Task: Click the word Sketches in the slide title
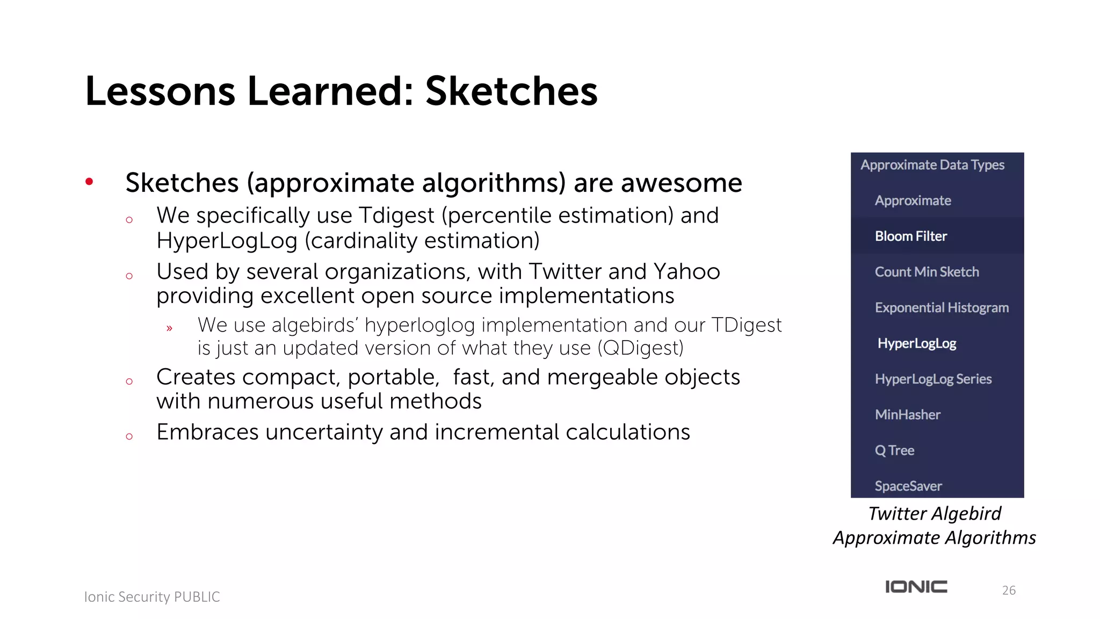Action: (x=511, y=91)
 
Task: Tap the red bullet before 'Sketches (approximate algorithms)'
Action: (x=89, y=182)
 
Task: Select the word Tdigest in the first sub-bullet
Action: (x=396, y=216)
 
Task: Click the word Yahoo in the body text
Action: (x=686, y=272)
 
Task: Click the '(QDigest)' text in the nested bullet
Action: (x=640, y=348)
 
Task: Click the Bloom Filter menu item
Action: (x=910, y=236)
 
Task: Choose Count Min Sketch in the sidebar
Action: (x=927, y=272)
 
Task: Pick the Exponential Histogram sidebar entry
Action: (x=941, y=307)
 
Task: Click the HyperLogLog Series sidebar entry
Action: (x=933, y=379)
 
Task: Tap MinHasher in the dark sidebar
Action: (x=907, y=415)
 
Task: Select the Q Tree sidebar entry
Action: (x=894, y=450)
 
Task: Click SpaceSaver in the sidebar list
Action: (x=908, y=486)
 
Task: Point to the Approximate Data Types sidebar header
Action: (x=932, y=165)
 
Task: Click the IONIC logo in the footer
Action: (x=916, y=587)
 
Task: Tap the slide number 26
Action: (x=1008, y=591)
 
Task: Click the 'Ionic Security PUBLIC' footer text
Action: (x=152, y=597)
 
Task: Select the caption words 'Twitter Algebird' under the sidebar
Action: (x=935, y=514)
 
